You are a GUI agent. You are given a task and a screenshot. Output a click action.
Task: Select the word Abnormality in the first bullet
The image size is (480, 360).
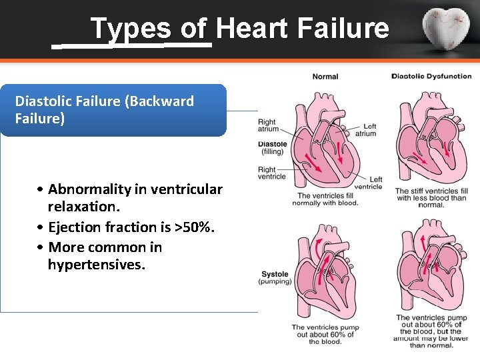(89, 189)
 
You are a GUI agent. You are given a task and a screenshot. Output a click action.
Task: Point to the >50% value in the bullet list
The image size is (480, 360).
(194, 228)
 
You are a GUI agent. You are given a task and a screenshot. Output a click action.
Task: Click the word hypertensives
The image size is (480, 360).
(96, 265)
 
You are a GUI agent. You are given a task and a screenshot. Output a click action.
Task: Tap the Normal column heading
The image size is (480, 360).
(325, 77)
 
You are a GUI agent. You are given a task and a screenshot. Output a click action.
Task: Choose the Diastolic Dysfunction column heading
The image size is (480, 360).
(431, 76)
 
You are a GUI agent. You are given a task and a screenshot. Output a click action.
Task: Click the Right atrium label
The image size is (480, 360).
(267, 125)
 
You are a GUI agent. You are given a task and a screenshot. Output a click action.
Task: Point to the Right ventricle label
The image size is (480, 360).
(271, 173)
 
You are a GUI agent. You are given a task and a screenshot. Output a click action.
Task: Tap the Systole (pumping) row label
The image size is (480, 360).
(275, 277)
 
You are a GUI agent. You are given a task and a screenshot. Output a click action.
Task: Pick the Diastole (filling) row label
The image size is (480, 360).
(272, 147)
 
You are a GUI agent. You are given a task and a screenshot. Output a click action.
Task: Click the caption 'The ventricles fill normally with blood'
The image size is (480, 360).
(327, 199)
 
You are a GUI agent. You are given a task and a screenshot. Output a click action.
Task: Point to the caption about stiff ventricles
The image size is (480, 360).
(431, 198)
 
